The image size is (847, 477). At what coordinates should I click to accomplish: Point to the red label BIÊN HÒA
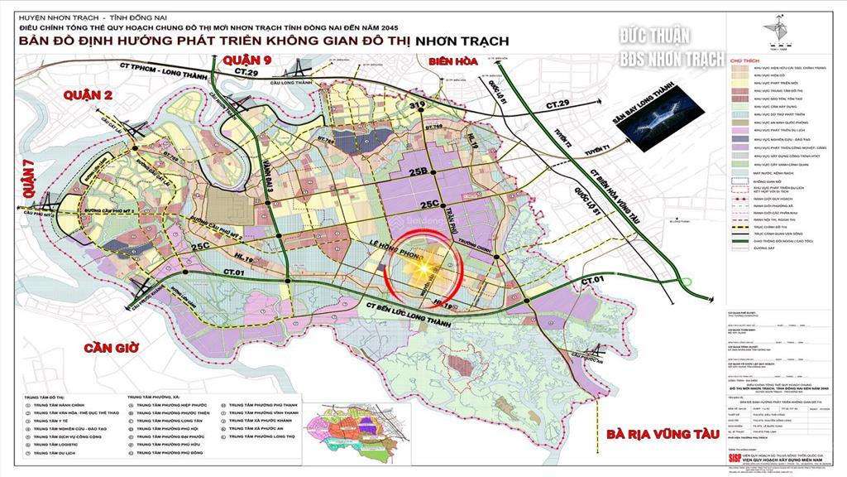[x=452, y=61]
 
